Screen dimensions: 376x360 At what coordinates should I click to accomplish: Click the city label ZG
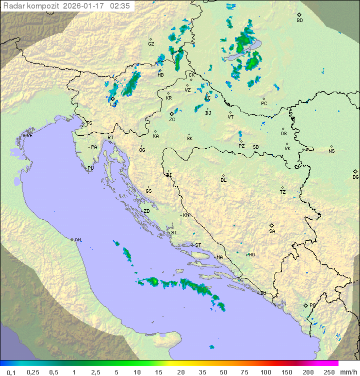tap(172, 120)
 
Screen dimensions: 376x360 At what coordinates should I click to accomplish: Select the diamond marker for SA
tap(272, 225)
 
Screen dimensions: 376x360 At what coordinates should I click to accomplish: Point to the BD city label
tap(299, 21)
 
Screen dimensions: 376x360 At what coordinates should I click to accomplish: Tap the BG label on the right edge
tap(355, 177)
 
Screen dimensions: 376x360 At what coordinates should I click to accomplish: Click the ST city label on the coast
tap(198, 245)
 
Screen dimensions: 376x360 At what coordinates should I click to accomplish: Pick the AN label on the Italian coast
tap(77, 240)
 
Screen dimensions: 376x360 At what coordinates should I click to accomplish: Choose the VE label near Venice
tap(29, 136)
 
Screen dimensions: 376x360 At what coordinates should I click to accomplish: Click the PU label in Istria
tap(90, 168)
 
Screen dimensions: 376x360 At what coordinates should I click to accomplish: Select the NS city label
tap(331, 151)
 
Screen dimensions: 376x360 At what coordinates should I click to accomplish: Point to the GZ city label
tap(151, 44)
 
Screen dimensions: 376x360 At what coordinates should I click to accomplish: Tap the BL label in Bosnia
tap(223, 180)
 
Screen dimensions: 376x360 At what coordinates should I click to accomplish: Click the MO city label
tap(251, 254)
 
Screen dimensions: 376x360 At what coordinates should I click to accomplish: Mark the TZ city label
tap(282, 192)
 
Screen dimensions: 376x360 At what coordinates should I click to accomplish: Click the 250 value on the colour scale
tap(329, 372)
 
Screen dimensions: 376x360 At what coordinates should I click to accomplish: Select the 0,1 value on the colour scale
tap(11, 372)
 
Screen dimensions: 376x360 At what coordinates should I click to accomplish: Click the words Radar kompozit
tap(31, 6)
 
